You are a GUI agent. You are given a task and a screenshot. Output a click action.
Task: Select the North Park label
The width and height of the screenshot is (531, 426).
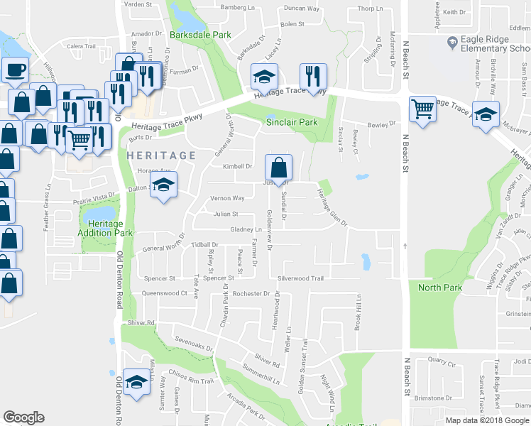[x=440, y=288]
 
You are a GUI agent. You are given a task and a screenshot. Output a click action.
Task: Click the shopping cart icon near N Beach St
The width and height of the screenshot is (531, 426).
[x=423, y=109]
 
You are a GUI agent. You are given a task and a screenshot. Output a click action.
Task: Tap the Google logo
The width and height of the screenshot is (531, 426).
[x=23, y=417]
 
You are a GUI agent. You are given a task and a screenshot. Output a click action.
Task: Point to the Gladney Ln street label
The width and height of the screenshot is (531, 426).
[x=246, y=229]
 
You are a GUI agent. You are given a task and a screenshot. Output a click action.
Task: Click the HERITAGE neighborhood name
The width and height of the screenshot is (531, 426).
[x=161, y=155]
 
